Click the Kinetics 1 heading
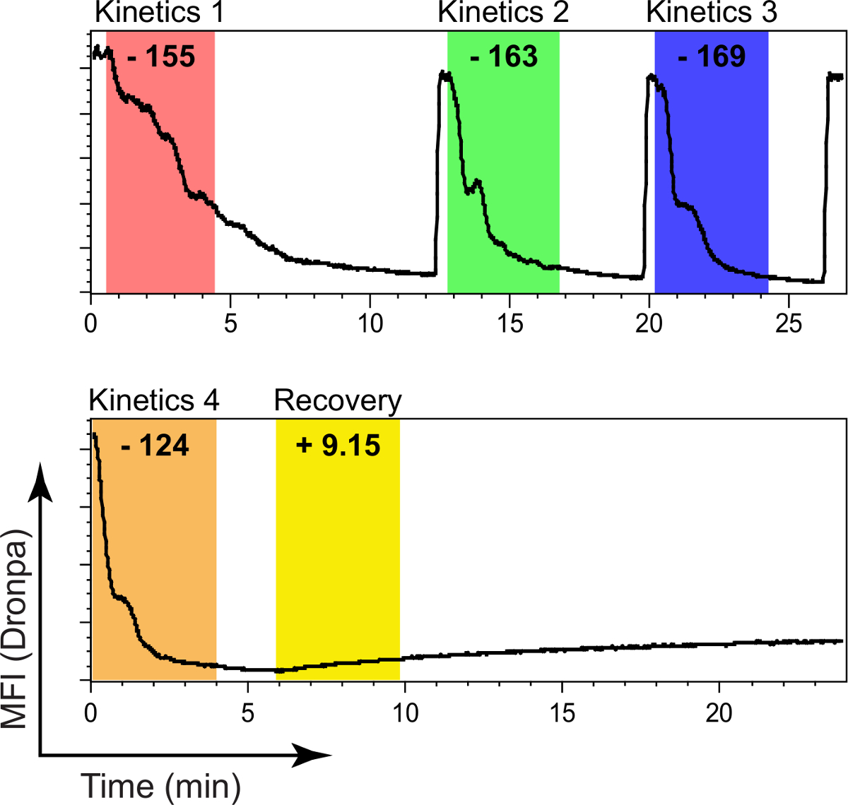click(x=159, y=13)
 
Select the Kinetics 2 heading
click(x=503, y=13)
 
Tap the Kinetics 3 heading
click(x=712, y=13)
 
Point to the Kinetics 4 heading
click(x=154, y=401)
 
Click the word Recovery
click(x=338, y=401)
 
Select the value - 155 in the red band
click(x=161, y=56)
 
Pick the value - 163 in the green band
click(x=504, y=56)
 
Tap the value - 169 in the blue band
click(x=712, y=56)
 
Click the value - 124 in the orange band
click(x=155, y=446)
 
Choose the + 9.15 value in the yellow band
click(x=338, y=446)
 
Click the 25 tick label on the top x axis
click(x=789, y=323)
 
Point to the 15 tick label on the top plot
click(x=510, y=323)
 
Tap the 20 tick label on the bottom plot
click(x=719, y=712)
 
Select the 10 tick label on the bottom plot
click(x=405, y=712)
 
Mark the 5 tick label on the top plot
click(x=230, y=323)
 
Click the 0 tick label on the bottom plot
click(x=90, y=712)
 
